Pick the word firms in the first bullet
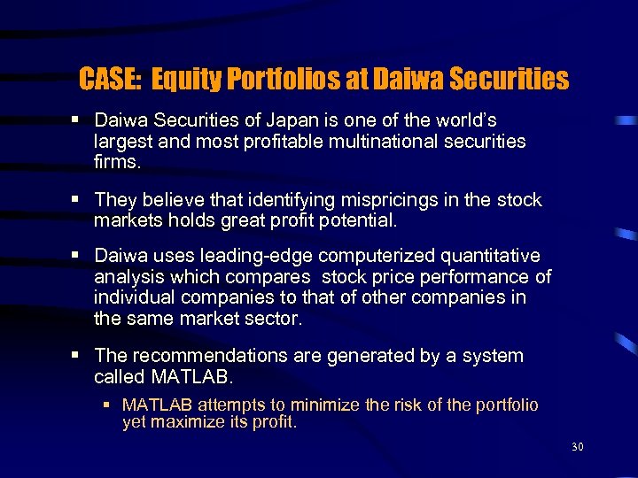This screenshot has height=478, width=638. pos(115,162)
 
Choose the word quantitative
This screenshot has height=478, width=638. pos(490,256)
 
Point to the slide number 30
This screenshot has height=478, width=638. pos(578,448)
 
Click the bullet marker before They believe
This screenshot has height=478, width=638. pos(80,200)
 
